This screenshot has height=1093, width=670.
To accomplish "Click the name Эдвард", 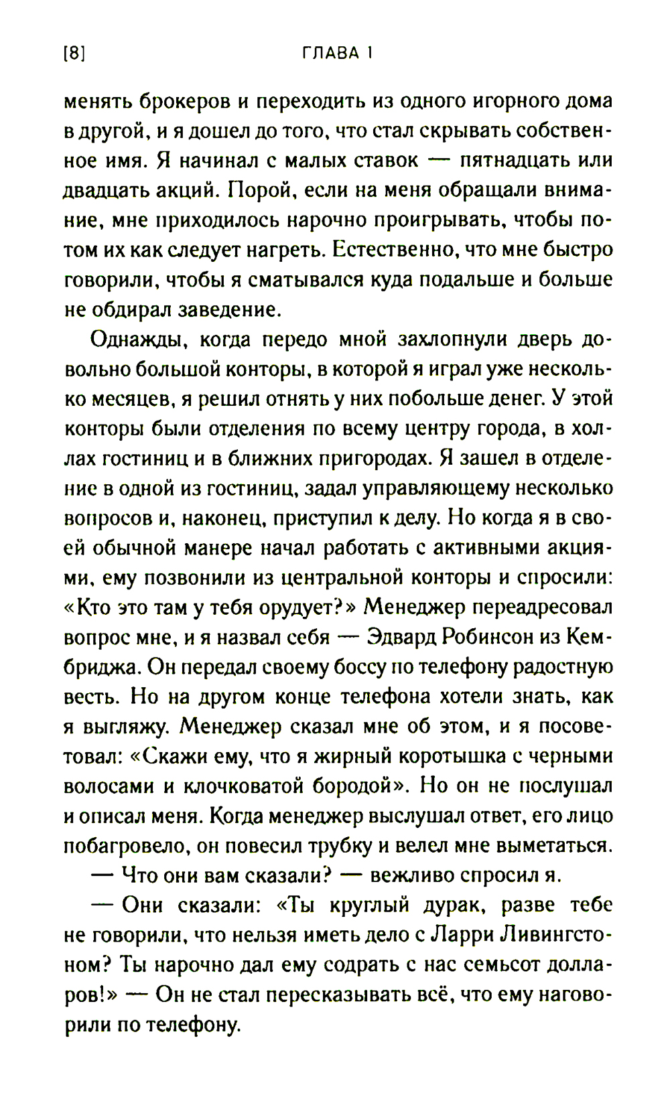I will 401,637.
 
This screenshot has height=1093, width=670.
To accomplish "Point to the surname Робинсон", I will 488,637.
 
